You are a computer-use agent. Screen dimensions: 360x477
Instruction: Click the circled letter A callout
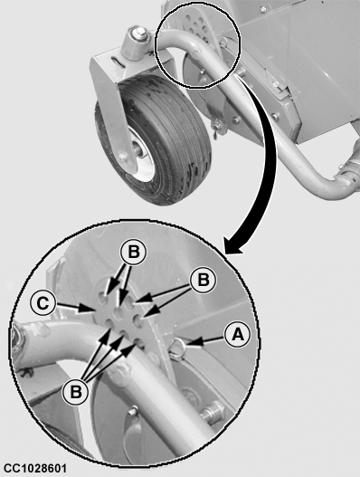click(x=238, y=335)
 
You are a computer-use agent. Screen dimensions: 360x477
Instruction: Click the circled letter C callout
click(x=43, y=303)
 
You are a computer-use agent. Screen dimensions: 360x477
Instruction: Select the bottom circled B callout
click(x=75, y=392)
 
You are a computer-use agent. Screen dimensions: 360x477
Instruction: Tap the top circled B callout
click(x=133, y=253)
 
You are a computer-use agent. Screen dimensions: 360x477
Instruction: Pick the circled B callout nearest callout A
click(x=203, y=280)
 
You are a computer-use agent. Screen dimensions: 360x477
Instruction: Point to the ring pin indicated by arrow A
click(x=176, y=348)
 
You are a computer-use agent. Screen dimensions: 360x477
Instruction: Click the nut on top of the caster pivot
click(x=139, y=33)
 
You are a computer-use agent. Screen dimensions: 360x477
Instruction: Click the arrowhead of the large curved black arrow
click(x=232, y=245)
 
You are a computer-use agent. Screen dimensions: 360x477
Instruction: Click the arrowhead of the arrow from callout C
click(x=88, y=308)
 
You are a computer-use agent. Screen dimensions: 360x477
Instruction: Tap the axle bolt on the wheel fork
click(x=123, y=157)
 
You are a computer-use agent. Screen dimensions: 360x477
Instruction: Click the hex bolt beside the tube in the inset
click(x=213, y=411)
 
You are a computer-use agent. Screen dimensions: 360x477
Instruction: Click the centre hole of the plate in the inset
click(x=119, y=311)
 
